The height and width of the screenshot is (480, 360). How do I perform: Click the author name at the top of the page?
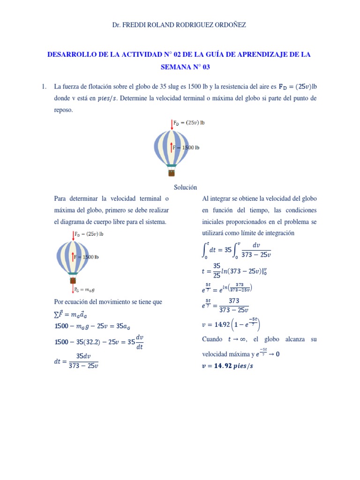point(179,25)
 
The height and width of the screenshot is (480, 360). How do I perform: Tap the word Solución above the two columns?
point(185,187)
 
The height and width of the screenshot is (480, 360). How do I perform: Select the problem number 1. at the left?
point(44,86)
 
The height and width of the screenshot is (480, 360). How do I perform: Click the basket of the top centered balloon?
point(172,173)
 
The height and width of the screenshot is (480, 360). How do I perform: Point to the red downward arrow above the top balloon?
point(172,124)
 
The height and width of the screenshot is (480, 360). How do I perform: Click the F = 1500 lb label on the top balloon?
point(186,147)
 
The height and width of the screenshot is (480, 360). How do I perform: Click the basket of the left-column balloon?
point(73,280)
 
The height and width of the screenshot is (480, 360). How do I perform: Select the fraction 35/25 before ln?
point(217,270)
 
